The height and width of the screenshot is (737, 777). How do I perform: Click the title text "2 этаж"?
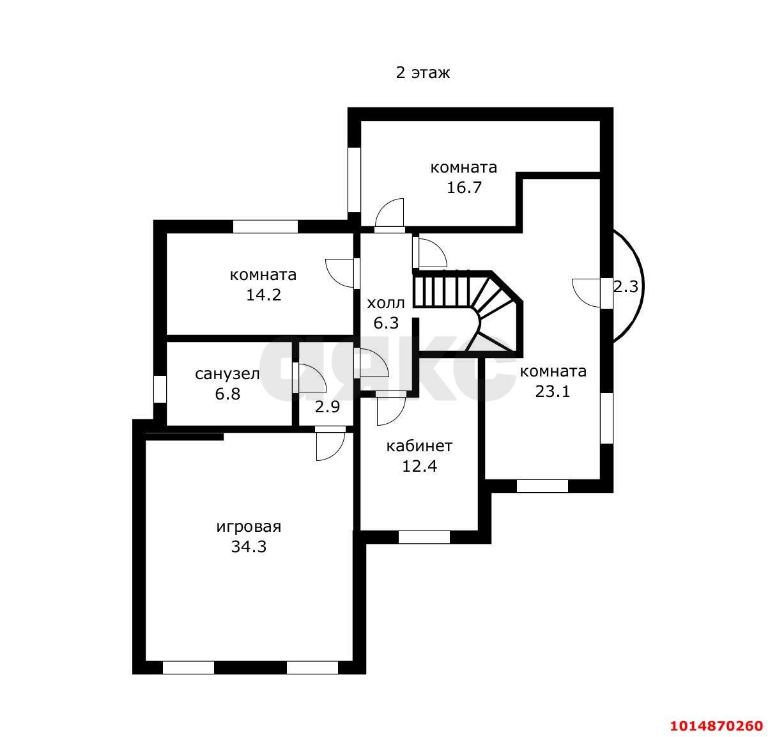[x=422, y=73]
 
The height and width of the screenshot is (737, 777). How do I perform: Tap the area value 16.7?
[x=464, y=187]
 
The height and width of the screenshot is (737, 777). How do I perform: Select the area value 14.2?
[x=263, y=295]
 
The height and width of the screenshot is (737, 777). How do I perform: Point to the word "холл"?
[x=386, y=304]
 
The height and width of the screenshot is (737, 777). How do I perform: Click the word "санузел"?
[x=227, y=374]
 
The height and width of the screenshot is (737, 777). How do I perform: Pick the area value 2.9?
[x=327, y=407]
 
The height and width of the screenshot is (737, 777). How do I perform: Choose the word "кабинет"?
[x=419, y=446]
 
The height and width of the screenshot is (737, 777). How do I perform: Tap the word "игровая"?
[x=249, y=527]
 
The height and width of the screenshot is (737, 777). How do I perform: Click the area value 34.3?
[x=249, y=547]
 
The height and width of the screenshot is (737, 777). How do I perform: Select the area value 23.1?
[x=553, y=391]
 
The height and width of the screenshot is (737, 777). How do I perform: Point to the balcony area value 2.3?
[x=626, y=286]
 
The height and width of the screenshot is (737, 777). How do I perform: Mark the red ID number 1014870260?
[x=716, y=725]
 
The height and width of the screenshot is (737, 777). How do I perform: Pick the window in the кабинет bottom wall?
[x=424, y=537]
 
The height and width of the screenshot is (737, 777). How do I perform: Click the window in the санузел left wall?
[x=160, y=389]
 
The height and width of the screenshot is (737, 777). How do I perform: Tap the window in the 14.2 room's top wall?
[x=265, y=226]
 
